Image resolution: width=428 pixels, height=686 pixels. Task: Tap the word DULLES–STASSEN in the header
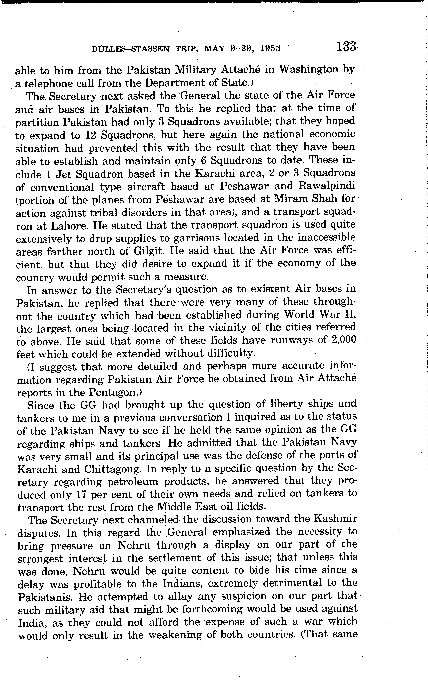point(131,49)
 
